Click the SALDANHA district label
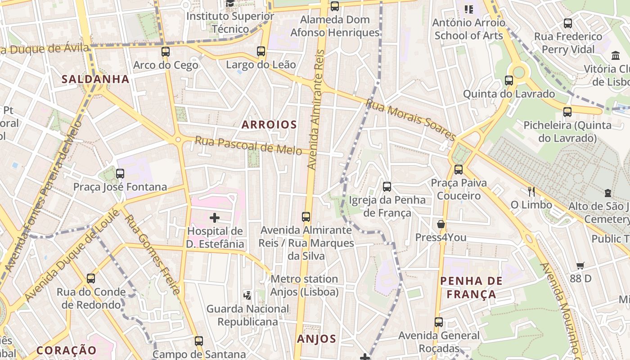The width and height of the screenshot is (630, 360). [x=95, y=79]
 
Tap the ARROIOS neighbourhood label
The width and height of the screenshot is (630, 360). [x=269, y=125]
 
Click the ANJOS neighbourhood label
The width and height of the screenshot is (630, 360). [x=316, y=339]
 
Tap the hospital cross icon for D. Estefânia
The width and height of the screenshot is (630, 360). [x=215, y=218]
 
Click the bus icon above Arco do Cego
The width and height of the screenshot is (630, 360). [x=166, y=52]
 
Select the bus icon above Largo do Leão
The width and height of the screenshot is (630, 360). [x=261, y=51]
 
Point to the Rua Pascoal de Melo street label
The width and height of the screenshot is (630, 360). [x=248, y=146]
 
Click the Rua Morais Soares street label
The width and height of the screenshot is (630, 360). [x=410, y=119]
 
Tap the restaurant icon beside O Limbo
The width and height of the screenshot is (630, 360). [x=531, y=192]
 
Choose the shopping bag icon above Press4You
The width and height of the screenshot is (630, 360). [x=441, y=224]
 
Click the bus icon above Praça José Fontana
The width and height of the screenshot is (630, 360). [x=120, y=174]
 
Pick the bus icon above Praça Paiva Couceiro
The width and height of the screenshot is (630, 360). [x=459, y=170]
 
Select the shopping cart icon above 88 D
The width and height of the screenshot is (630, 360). [x=580, y=266]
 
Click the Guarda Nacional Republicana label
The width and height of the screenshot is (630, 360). [x=248, y=315]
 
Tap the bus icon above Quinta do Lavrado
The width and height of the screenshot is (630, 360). [x=509, y=81]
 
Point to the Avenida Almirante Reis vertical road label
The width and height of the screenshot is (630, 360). [x=315, y=109]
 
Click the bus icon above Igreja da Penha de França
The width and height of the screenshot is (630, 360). [x=387, y=187]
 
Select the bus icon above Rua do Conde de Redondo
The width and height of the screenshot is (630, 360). [x=91, y=279]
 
